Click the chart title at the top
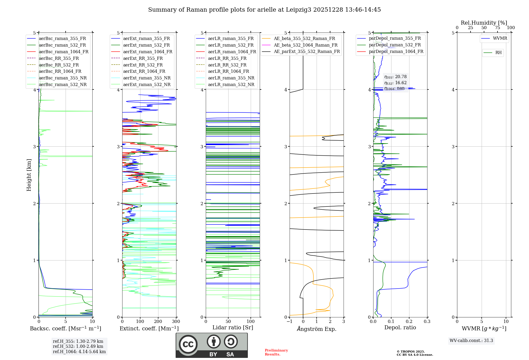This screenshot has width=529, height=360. [x=264, y=10]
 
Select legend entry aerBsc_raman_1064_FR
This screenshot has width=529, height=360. [x=63, y=52]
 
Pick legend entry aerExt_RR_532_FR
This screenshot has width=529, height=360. [x=143, y=65]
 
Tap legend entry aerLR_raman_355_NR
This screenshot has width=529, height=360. [x=231, y=78]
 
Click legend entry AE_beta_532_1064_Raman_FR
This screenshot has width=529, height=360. [x=305, y=45]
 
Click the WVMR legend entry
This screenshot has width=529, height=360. [x=500, y=38]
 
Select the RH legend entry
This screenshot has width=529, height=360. [x=498, y=53]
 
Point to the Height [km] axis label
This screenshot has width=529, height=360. [x=29, y=175]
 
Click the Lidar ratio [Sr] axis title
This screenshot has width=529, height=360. [x=233, y=328]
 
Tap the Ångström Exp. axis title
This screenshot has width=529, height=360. [x=317, y=329]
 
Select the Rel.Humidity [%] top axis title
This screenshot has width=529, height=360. [x=484, y=23]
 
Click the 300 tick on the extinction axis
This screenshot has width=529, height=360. [x=176, y=322]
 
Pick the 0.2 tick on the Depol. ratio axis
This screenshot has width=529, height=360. [x=409, y=322]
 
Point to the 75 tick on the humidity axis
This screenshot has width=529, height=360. [x=497, y=28]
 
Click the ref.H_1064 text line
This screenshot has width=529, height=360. [x=79, y=352]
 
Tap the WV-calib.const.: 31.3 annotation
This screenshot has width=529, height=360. [x=471, y=341]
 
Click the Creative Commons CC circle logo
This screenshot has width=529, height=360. [x=188, y=344]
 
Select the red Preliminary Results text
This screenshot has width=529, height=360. [x=276, y=352]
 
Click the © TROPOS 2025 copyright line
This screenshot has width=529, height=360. [x=411, y=352]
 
